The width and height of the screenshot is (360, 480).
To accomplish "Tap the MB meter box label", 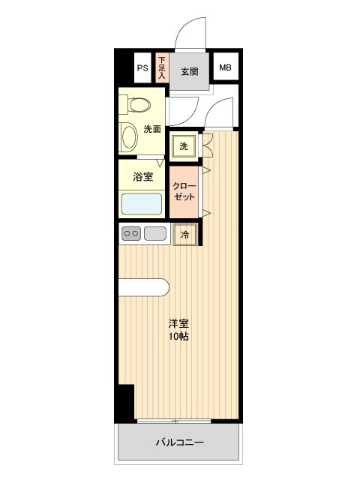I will click(x=225, y=68).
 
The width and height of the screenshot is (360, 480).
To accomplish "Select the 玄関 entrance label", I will click(x=189, y=72).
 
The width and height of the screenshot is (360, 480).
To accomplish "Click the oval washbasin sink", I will click(x=130, y=137).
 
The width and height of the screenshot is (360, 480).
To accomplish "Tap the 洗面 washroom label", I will click(x=152, y=128).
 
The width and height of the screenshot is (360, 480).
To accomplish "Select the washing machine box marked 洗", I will click(x=183, y=145).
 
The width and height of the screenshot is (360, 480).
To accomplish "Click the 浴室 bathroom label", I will click(x=142, y=177).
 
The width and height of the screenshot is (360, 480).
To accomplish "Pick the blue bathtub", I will click(x=142, y=204).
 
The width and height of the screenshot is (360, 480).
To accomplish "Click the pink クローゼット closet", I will click(x=184, y=191).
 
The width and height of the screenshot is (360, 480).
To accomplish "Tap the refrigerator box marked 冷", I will click(x=184, y=235).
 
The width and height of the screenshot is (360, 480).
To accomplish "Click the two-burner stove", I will click(x=131, y=234).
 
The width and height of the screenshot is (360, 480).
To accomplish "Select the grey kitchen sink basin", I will click(x=155, y=234).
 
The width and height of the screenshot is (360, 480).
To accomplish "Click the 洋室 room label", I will click(x=178, y=323).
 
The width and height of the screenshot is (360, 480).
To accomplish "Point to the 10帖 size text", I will click(x=178, y=337).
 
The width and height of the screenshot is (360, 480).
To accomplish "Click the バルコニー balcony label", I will click(x=180, y=442).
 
